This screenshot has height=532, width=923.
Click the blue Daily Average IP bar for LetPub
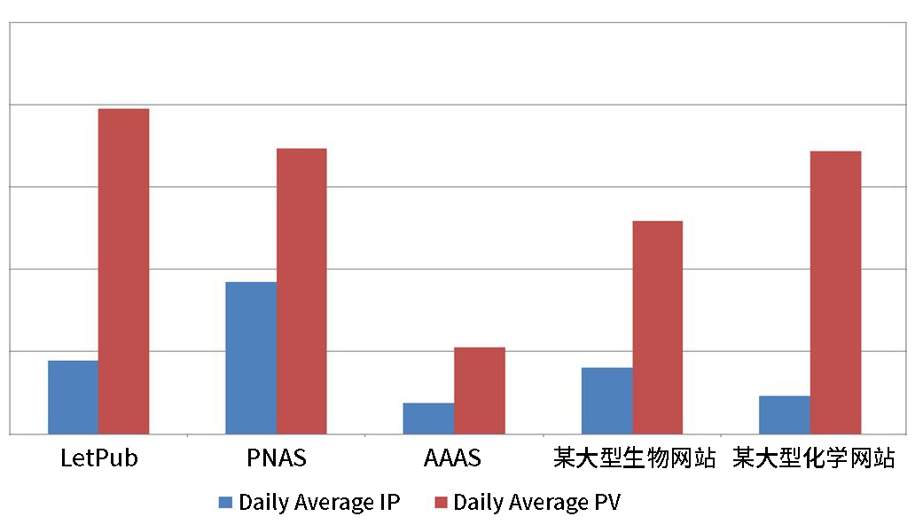(73, 396)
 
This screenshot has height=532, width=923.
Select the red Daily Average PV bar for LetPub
(123, 270)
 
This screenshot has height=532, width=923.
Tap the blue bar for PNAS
(251, 357)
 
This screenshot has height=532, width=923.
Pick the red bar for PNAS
(301, 291)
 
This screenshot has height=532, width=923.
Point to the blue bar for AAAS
(428, 418)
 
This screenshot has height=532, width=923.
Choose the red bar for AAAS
(480, 390)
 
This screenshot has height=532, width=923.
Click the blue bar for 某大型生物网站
(606, 400)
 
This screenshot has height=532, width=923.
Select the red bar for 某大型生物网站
(657, 326)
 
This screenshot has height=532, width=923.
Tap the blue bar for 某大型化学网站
(785, 414)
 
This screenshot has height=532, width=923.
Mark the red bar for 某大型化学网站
(835, 292)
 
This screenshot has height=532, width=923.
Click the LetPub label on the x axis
(98, 458)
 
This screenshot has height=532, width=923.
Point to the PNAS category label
(277, 458)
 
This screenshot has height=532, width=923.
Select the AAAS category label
(453, 458)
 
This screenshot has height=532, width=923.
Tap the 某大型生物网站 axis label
(634, 458)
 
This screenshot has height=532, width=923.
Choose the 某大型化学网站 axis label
(814, 458)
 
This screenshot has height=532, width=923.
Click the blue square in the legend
(225, 503)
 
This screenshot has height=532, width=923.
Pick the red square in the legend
(440, 503)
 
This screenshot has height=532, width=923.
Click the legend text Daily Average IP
(319, 503)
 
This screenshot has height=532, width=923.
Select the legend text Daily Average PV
(536, 503)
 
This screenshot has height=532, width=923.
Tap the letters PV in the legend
(606, 503)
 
